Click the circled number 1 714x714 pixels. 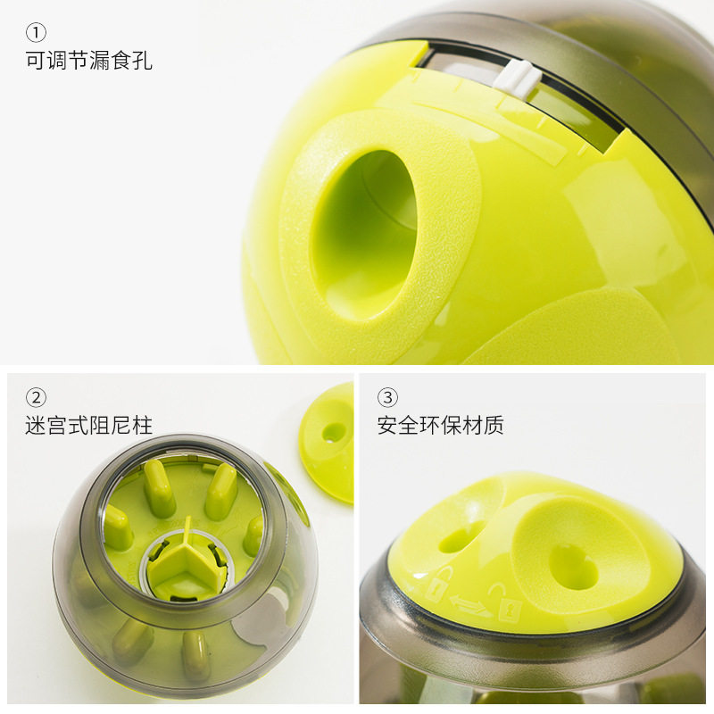(x=36, y=33)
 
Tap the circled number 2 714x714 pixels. (x=36, y=398)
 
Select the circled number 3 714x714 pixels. (x=387, y=398)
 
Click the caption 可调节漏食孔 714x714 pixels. (x=88, y=61)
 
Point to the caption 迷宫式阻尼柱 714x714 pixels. (x=88, y=426)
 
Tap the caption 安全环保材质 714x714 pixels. (x=440, y=426)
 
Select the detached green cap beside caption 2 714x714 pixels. (x=327, y=442)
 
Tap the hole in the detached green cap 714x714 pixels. (x=334, y=431)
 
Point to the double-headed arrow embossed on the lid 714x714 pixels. (x=471, y=606)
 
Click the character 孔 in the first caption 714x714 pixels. (x=142, y=61)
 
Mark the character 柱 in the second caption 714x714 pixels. (x=142, y=426)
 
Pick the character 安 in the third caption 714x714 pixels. (x=387, y=426)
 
